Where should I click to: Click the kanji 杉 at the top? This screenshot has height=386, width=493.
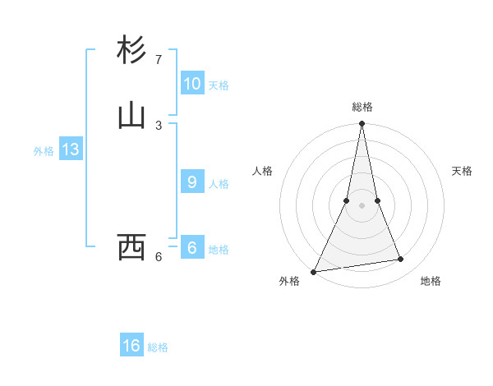point(132,51)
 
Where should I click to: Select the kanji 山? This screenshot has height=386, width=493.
point(132,116)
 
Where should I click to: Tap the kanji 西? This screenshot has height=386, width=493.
point(132,246)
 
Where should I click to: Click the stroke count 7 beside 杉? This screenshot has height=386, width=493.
point(158,60)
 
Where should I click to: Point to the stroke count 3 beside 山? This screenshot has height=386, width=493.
point(159,125)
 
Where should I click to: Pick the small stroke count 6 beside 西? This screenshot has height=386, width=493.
point(159,257)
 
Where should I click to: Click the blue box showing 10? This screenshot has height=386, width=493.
point(192,84)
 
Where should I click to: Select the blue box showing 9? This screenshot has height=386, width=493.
point(192,182)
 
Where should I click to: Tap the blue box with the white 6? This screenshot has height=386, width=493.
point(192,248)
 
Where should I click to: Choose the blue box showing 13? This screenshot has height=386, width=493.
point(71,149)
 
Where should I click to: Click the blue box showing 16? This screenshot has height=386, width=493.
point(131,346)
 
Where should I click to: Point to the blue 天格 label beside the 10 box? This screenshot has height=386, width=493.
point(219,85)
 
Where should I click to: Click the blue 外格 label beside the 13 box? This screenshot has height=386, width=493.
point(44,151)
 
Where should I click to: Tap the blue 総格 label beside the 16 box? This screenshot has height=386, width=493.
point(158,347)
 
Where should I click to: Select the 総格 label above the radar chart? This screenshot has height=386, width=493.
point(362,107)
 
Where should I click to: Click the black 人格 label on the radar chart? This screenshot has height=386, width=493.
point(262,171)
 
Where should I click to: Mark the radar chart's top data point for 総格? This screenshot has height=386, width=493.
point(362,123)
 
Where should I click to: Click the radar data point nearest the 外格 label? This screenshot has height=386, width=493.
point(314,272)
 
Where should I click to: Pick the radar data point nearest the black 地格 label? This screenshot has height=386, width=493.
point(401,260)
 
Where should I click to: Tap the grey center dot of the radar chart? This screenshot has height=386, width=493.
point(362,205)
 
